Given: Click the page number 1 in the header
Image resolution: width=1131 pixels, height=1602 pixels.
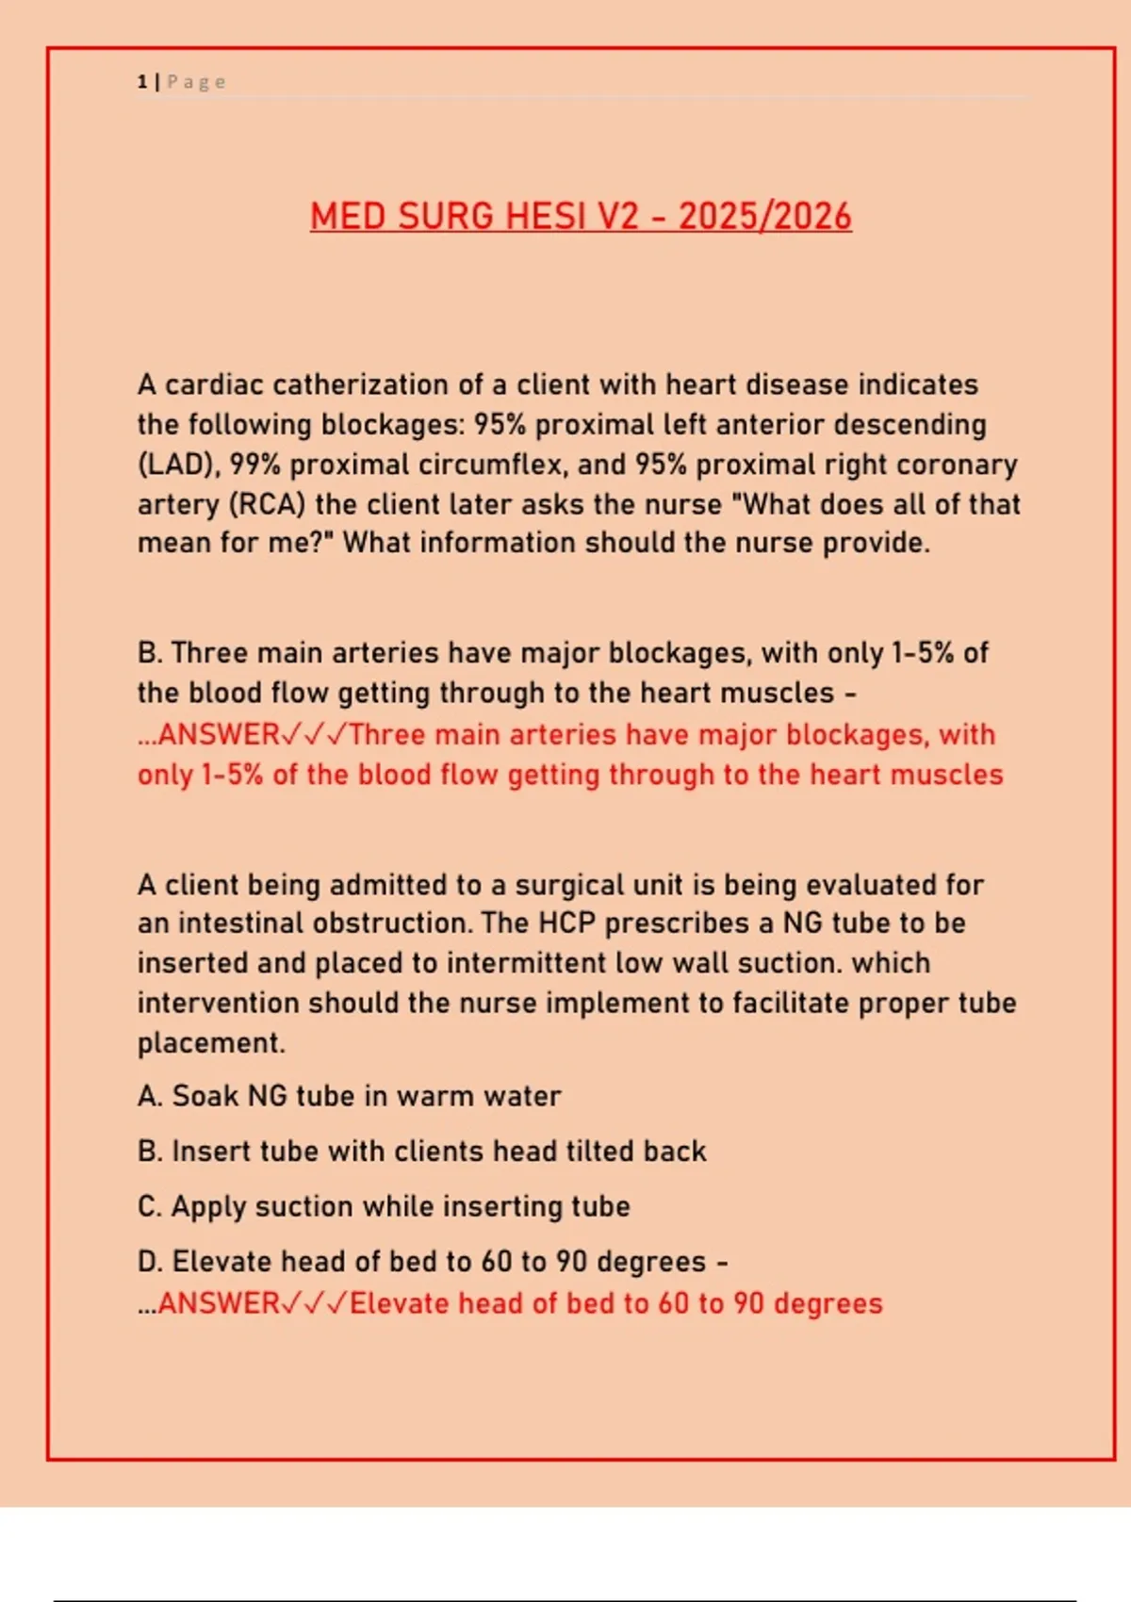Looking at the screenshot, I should tap(142, 82).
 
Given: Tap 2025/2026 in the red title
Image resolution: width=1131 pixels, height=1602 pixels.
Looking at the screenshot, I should tap(764, 217).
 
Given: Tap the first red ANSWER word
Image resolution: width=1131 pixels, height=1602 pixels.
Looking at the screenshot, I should tap(218, 734).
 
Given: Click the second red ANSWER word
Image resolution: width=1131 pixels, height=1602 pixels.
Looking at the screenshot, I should tap(218, 1303).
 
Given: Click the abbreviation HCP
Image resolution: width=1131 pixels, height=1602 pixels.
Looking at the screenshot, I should tap(566, 924).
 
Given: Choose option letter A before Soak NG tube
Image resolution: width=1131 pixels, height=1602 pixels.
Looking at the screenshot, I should tap(148, 1097).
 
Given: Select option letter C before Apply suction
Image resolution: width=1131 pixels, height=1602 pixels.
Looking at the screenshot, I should tap(148, 1207).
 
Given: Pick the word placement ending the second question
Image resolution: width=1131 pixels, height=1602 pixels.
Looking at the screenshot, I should tap(209, 1043).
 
